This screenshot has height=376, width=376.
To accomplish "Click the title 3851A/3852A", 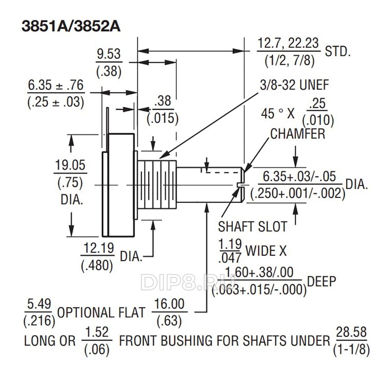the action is (71, 26).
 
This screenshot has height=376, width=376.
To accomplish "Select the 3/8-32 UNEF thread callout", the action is (294, 85).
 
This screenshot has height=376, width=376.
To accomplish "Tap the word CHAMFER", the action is (298, 134).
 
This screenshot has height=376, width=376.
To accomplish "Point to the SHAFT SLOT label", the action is (253, 227).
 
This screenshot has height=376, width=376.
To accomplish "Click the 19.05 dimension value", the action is (70, 165).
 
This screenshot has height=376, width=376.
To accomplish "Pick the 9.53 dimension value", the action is (109, 54).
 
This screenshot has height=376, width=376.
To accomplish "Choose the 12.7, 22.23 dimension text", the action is (288, 43).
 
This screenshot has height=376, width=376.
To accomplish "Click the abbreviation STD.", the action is (338, 52).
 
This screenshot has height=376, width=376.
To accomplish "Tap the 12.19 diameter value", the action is (99, 248).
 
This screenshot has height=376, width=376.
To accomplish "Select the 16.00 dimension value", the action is (169, 304).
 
